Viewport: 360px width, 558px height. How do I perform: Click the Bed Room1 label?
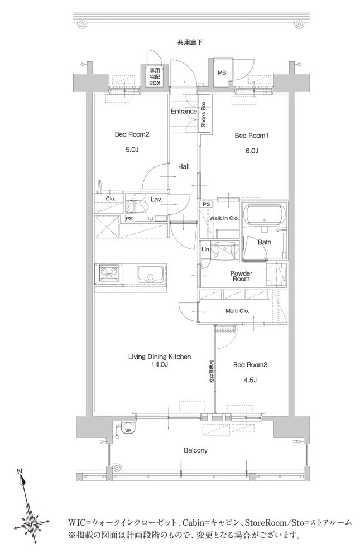[x=251, y=136]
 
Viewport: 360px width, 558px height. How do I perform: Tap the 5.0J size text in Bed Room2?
[x=132, y=150]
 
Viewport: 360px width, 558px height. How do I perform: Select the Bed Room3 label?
[x=251, y=365]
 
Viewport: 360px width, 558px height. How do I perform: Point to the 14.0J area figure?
[x=159, y=364]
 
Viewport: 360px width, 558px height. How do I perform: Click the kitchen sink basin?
[x=150, y=274]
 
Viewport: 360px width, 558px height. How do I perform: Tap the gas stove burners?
[x=108, y=275]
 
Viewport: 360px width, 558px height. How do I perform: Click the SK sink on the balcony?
[x=128, y=428]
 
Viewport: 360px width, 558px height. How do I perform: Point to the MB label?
[x=222, y=73]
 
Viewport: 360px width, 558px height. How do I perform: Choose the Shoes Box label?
[x=204, y=114]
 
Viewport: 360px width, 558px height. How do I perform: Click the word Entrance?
[x=184, y=112]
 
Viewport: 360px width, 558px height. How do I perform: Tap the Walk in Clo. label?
[x=224, y=218]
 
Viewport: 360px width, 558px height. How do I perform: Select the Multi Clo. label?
[x=237, y=311]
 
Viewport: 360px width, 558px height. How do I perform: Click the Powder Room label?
[x=241, y=276]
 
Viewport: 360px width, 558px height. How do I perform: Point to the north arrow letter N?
[x=19, y=472]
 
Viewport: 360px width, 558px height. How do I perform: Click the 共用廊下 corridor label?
[x=190, y=42]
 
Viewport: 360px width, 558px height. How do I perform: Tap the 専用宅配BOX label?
[x=155, y=77]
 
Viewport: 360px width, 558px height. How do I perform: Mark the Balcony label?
[x=195, y=450]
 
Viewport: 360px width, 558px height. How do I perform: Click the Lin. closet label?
[x=206, y=249]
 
